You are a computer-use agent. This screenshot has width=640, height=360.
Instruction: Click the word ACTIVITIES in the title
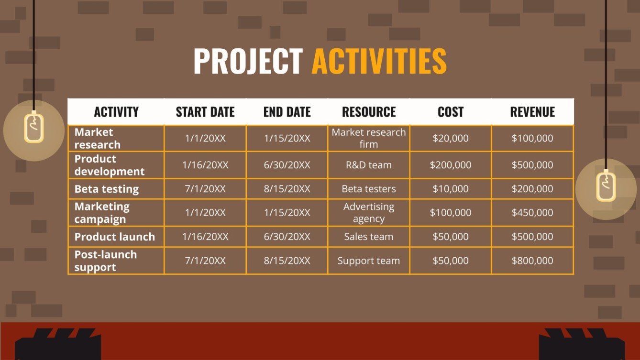click(379, 61)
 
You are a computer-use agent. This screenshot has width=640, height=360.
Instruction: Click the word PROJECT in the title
click(248, 61)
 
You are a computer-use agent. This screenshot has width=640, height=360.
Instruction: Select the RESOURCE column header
click(369, 112)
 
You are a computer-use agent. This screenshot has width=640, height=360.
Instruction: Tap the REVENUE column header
click(532, 112)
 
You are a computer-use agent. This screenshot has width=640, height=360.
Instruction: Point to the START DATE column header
click(205, 112)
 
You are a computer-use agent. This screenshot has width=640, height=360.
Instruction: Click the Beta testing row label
click(107, 189)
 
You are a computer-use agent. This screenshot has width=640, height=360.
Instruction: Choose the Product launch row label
click(115, 237)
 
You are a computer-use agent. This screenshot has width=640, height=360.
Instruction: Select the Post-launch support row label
click(106, 261)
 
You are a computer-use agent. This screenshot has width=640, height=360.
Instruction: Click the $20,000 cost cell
click(451, 138)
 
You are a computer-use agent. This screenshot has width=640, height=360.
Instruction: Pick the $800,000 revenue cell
click(532, 261)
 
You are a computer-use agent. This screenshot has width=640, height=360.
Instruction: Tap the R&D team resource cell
click(369, 165)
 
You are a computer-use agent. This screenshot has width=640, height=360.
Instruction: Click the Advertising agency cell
click(369, 213)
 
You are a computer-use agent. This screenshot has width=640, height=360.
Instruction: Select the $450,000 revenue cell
click(532, 213)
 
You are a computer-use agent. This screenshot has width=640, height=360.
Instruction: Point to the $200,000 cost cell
click(451, 165)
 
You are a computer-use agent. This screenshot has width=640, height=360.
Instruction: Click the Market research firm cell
click(369, 138)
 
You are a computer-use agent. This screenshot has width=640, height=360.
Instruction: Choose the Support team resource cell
click(369, 261)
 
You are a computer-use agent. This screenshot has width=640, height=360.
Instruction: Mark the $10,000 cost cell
click(451, 189)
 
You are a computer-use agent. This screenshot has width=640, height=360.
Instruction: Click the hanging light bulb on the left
click(34, 127)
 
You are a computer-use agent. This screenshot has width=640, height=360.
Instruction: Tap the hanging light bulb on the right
click(606, 186)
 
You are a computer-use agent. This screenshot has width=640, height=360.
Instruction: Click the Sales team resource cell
click(369, 237)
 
